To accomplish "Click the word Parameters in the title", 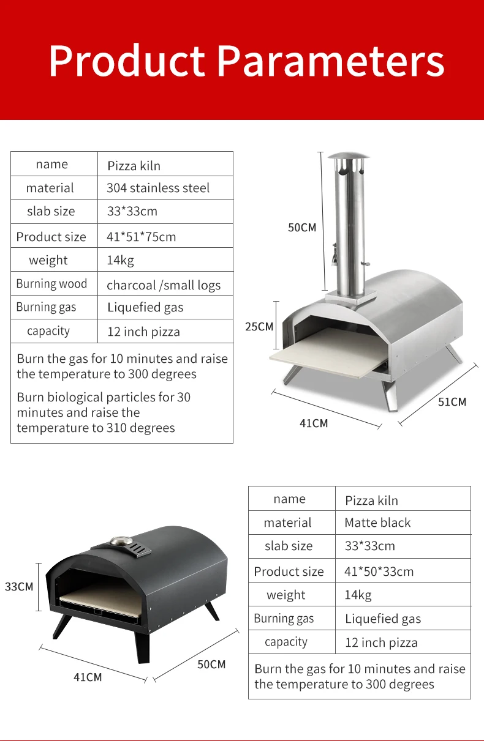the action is pyautogui.click(x=331, y=62).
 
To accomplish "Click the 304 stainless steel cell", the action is pyautogui.click(x=158, y=188).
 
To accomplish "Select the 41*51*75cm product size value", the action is pyautogui.click(x=141, y=237).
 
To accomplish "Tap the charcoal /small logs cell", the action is pyautogui.click(x=164, y=285).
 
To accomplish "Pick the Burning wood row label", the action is pyautogui.click(x=51, y=283).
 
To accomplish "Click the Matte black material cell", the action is pyautogui.click(x=377, y=523).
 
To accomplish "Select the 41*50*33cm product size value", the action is pyautogui.click(x=379, y=572).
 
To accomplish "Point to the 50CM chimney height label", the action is pyautogui.click(x=302, y=228).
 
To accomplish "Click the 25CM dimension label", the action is pyautogui.click(x=259, y=327).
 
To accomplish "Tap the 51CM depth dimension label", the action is pyautogui.click(x=452, y=402).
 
